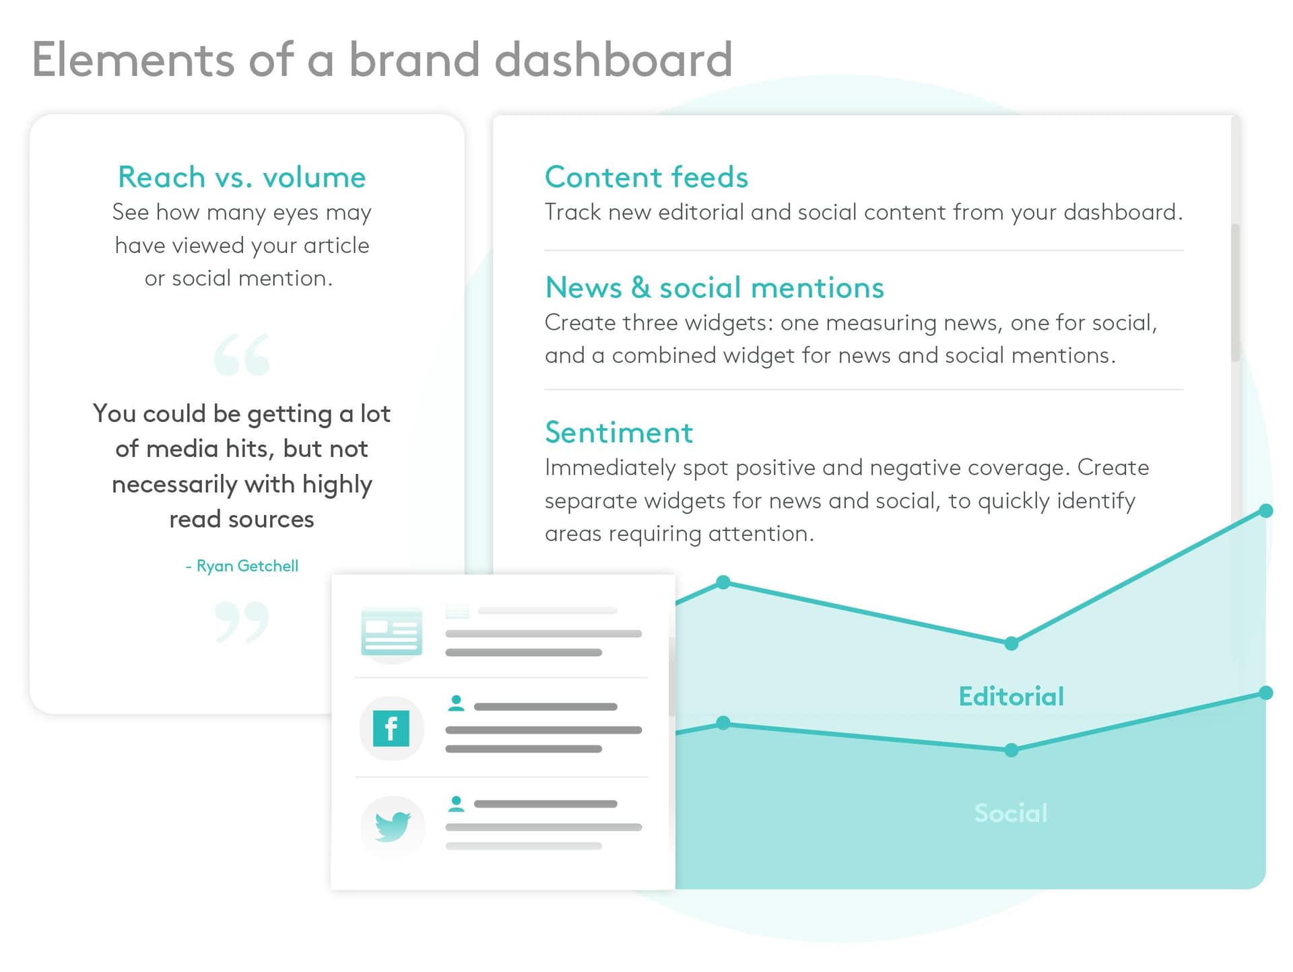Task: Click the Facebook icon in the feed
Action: click(x=391, y=728)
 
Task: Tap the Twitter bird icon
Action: click(x=393, y=825)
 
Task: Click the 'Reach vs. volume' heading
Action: click(x=242, y=177)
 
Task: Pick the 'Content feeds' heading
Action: click(x=646, y=177)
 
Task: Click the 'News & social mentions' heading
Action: click(x=714, y=287)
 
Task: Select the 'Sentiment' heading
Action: click(x=618, y=432)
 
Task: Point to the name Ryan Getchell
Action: click(x=246, y=566)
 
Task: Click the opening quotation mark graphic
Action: click(x=242, y=355)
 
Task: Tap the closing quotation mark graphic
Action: click(x=242, y=622)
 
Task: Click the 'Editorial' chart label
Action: click(x=1011, y=697)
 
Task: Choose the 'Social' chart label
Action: click(x=1011, y=813)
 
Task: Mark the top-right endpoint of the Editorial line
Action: click(x=1266, y=511)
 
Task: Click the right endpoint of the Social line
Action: click(x=1266, y=693)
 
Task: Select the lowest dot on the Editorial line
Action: click(x=1011, y=644)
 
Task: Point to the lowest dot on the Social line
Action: click(x=1011, y=750)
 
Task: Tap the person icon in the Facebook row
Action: click(x=456, y=703)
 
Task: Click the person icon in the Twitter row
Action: click(x=456, y=804)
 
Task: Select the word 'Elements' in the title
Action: click(x=133, y=59)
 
